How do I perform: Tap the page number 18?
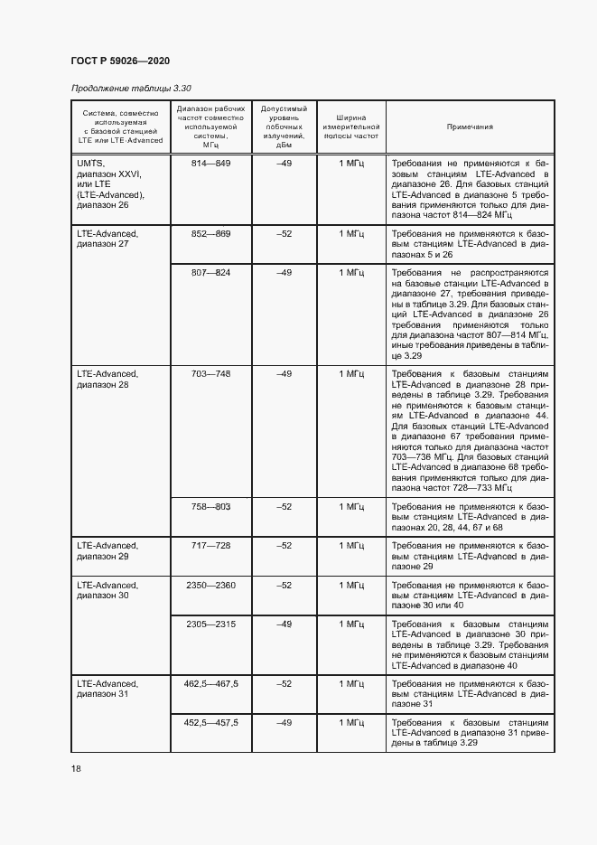pyautogui.click(x=75, y=768)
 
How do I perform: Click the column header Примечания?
pyautogui.click(x=470, y=127)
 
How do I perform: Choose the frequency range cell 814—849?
pyautogui.click(x=211, y=163)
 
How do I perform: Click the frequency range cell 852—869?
pyautogui.click(x=211, y=233)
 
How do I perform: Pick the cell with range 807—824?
pyautogui.click(x=211, y=272)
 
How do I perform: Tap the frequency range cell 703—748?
pyautogui.click(x=211, y=373)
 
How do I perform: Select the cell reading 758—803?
pyautogui.click(x=211, y=507)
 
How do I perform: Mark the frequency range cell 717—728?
pyautogui.click(x=211, y=546)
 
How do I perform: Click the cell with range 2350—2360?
pyautogui.click(x=211, y=586)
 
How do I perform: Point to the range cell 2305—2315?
pyautogui.click(x=211, y=624)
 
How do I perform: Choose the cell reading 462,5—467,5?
pyautogui.click(x=211, y=683)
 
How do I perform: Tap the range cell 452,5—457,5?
pyautogui.click(x=211, y=723)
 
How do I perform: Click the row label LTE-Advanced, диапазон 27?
pyautogui.click(x=107, y=239)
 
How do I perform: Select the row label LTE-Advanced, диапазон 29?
pyautogui.click(x=107, y=551)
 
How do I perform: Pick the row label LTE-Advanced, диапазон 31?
pyautogui.click(x=107, y=689)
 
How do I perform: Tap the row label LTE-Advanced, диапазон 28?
pyautogui.click(x=107, y=379)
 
